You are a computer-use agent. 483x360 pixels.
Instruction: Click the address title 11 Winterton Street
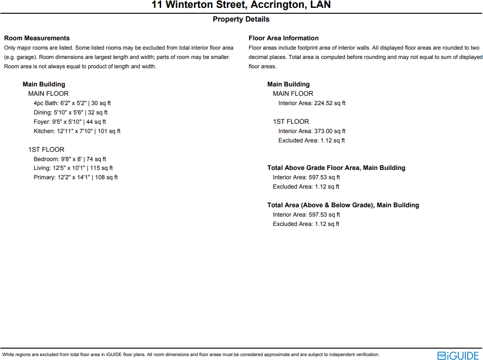[x=241, y=5]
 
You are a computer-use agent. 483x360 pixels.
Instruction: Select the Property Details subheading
[x=241, y=19]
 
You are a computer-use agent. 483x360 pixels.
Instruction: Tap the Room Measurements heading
[x=37, y=38]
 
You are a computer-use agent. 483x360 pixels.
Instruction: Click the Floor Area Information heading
[x=284, y=38]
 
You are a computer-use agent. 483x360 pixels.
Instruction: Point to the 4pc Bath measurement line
[x=72, y=103]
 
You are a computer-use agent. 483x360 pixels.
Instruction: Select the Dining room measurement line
[x=71, y=112]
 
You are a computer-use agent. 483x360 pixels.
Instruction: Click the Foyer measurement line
[x=70, y=122]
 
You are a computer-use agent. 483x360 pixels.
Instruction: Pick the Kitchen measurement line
[x=77, y=131]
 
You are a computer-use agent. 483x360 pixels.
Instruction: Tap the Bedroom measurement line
[x=70, y=159]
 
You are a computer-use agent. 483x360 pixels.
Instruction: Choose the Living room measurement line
[x=73, y=168]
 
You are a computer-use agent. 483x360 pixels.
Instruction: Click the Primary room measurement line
[x=76, y=177]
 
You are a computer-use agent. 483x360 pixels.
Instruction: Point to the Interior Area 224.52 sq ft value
[x=312, y=103]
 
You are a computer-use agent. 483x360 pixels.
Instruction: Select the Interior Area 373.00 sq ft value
[x=312, y=131]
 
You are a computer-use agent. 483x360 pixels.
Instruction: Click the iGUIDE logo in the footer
[x=457, y=355]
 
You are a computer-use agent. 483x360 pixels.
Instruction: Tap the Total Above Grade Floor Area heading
[x=336, y=168]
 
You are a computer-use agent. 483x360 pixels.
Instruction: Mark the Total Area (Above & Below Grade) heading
[x=343, y=205]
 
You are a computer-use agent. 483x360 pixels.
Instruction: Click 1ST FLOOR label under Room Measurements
[x=46, y=150]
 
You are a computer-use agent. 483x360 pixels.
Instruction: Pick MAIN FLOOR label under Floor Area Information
[x=293, y=94]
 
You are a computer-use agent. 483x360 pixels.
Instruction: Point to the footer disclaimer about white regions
[x=191, y=355]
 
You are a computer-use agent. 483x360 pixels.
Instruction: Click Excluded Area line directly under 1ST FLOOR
[x=312, y=140]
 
